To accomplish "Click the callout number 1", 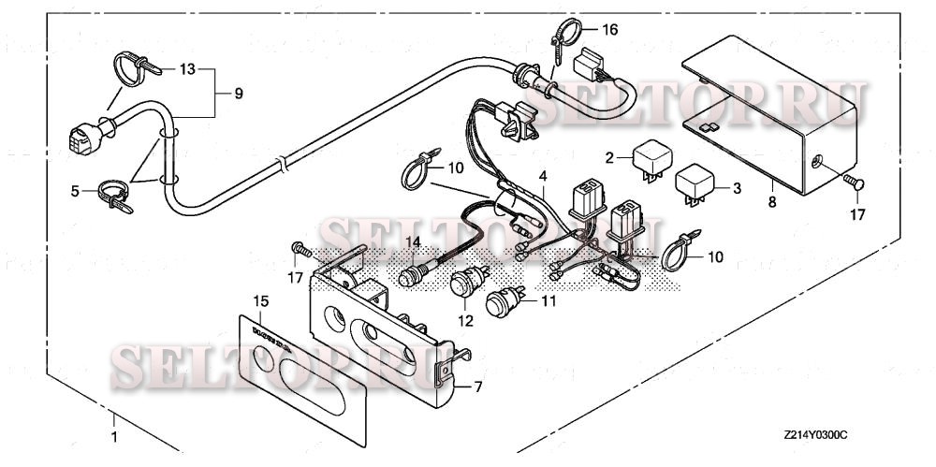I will tap(115, 437).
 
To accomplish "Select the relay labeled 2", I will tap(651, 158).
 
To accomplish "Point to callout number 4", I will tap(541, 177).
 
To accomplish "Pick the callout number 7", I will tap(478, 387).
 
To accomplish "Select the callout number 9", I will tap(238, 94).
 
